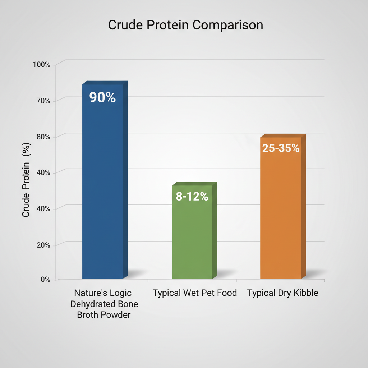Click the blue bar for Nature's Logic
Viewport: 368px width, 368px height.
[103, 187]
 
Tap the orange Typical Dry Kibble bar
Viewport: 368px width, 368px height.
[281, 216]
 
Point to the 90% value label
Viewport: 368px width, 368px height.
[102, 98]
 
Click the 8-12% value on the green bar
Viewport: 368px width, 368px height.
[192, 197]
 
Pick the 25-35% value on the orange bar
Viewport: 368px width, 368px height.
[281, 148]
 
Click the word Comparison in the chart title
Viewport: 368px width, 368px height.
[227, 25]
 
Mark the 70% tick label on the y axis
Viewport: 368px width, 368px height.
[43, 101]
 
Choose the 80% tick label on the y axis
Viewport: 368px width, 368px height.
[43, 137]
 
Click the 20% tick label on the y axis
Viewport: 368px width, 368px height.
[43, 245]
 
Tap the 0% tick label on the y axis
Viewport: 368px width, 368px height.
[45, 279]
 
